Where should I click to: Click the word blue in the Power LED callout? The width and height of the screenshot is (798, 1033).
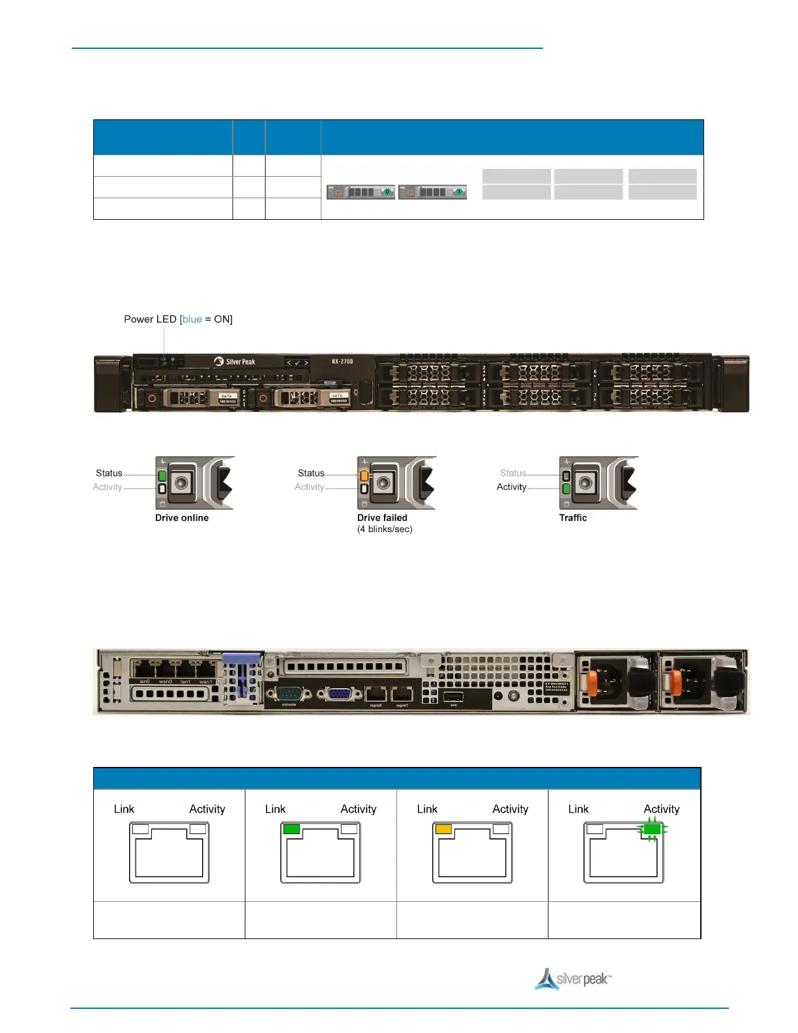pos(192,319)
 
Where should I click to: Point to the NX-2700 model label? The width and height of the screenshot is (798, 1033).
pos(342,361)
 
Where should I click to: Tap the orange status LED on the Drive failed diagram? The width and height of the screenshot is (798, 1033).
pos(364,476)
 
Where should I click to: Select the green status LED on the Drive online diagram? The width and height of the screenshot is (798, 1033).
pos(162,475)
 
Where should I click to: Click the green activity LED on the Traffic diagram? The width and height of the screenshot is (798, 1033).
pos(566,488)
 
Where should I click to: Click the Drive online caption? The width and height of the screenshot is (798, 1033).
pos(182,518)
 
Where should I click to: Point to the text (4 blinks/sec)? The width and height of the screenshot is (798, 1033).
pos(385,529)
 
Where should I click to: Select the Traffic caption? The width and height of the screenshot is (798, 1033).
pos(573,518)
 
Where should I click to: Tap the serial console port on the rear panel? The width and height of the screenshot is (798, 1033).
pos(289,694)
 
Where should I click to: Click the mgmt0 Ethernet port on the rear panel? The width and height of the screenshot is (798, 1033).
pos(376,695)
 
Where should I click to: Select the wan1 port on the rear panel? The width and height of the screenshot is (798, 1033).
pos(206,669)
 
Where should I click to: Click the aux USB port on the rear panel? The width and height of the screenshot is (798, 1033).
pos(453,696)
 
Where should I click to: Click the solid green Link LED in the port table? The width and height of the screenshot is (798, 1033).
pos(291,829)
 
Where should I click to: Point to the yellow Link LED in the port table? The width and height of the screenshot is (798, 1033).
pos(443,829)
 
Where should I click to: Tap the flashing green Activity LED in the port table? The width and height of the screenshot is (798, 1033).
pos(652,829)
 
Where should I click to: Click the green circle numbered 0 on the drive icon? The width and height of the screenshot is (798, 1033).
pos(387,192)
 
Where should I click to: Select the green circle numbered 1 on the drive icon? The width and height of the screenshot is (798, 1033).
pos(459,192)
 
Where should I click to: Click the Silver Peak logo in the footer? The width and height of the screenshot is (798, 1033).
pos(573,978)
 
